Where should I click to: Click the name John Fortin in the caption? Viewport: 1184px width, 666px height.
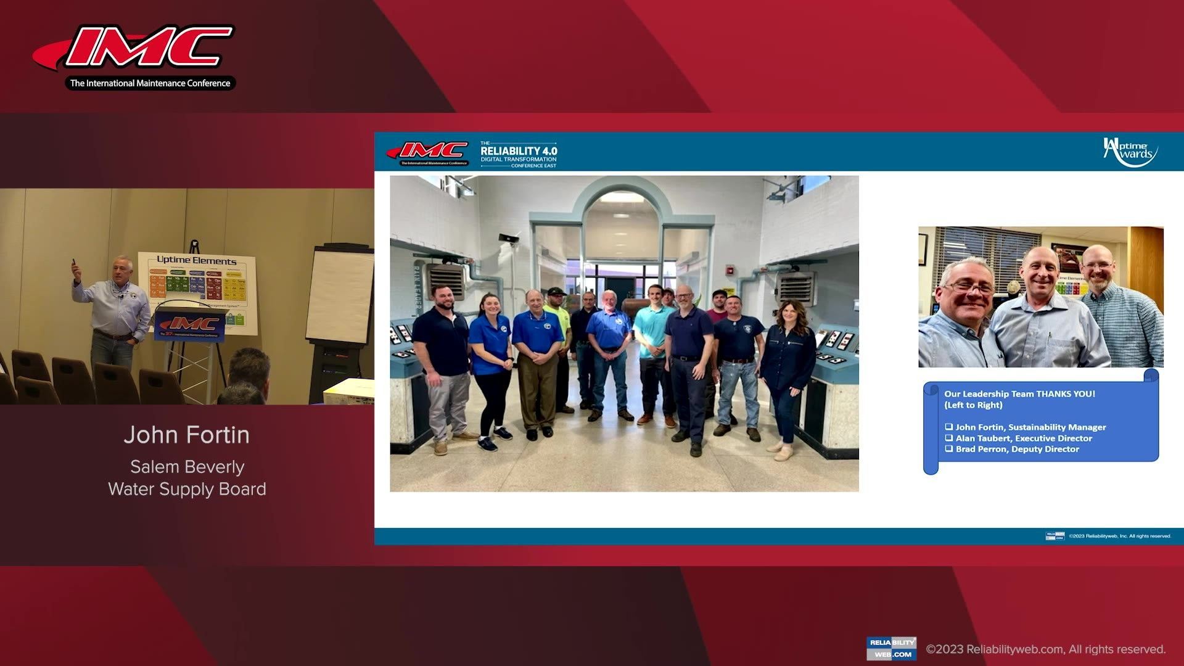tap(186, 435)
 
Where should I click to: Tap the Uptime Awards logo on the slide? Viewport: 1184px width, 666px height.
tap(1130, 152)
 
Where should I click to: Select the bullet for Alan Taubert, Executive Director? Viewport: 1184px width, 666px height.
tap(949, 438)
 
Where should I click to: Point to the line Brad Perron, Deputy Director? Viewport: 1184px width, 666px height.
tap(1017, 450)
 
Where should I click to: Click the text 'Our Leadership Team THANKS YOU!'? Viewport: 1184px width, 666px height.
tap(1019, 394)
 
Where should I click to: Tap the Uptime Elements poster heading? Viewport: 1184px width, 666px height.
tap(196, 260)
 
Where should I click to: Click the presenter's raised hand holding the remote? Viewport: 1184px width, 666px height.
tap(75, 269)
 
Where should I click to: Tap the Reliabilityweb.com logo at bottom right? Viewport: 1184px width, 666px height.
tap(891, 648)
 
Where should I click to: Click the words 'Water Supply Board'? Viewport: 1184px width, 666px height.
tap(187, 490)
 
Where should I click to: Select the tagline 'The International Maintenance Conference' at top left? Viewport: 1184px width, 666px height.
tap(150, 83)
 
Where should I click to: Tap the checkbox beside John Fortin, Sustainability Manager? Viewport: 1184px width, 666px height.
tap(949, 427)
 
